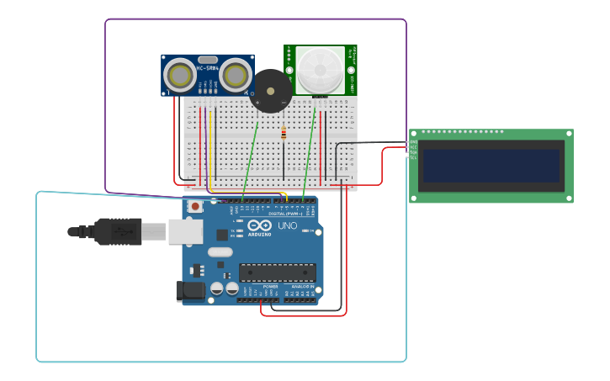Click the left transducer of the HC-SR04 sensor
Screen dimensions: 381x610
(x=180, y=76)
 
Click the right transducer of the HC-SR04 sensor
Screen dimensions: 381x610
(x=235, y=76)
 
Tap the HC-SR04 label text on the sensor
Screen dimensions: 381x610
(x=207, y=68)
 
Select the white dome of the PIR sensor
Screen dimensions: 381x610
(x=320, y=71)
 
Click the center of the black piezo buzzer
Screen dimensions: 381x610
(x=270, y=91)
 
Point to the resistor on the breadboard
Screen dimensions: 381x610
(x=284, y=133)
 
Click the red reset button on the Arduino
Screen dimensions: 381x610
(x=195, y=206)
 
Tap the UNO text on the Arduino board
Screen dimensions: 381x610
(x=287, y=225)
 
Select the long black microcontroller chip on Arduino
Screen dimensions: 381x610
(x=278, y=273)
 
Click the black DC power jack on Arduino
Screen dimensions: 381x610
(x=190, y=291)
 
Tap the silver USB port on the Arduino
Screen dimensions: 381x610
(x=185, y=231)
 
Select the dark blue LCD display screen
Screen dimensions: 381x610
(x=491, y=166)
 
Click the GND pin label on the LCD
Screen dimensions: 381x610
(x=413, y=142)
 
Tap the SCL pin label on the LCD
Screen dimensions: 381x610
(x=413, y=157)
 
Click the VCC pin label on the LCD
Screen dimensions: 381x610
(x=413, y=147)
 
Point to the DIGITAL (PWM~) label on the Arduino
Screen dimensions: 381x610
(x=285, y=214)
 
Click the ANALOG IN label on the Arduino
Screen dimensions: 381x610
(x=303, y=287)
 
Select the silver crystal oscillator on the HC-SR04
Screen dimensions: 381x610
(x=207, y=60)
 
